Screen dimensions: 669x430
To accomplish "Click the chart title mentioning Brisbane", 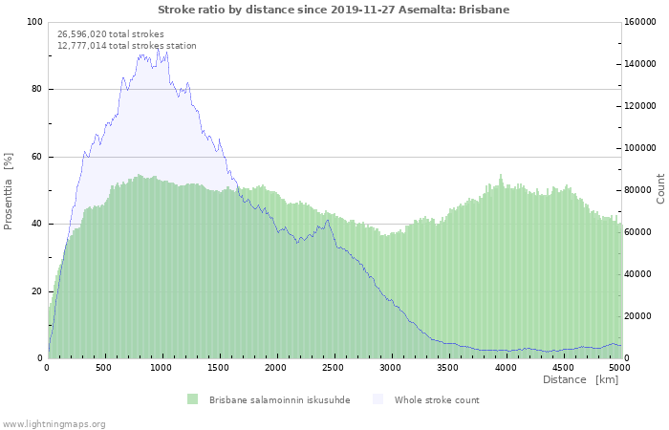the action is coord(334,10).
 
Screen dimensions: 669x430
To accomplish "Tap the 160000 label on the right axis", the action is coord(640,22).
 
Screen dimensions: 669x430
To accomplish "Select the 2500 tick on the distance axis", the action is coord(333,368).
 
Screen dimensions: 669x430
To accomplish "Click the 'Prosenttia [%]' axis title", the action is coord(8,191).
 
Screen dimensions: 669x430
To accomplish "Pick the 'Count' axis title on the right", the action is coord(660,188).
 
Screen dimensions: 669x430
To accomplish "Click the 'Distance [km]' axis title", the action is coord(580,379).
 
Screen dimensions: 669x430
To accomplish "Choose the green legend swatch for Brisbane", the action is coord(192,399).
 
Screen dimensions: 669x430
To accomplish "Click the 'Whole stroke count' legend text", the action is coord(437,400).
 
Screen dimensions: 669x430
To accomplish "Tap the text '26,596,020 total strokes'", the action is coord(111,34).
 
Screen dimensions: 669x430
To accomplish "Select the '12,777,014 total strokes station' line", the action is coord(127,46).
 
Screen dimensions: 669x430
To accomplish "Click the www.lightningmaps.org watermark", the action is coord(53,424).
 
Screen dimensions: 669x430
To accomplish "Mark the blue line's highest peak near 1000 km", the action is coord(158,49).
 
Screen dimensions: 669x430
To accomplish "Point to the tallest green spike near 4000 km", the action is coord(501,175).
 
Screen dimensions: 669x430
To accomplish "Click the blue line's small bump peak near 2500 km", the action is coord(327,220).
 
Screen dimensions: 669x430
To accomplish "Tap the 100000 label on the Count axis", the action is coord(640,148).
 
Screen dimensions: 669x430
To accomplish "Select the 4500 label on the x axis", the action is coord(563,368).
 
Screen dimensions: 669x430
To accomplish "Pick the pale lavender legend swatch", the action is coord(378,399).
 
